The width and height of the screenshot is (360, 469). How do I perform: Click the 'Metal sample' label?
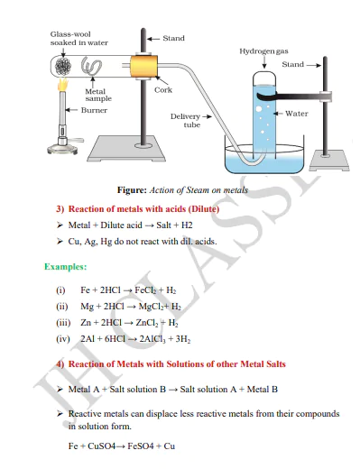[98, 95]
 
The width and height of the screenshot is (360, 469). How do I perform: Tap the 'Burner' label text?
[95, 110]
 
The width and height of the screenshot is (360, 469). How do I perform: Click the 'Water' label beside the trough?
[297, 114]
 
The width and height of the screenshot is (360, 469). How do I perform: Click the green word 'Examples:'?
[66, 267]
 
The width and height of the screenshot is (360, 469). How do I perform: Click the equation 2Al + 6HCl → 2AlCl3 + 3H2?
[125, 338]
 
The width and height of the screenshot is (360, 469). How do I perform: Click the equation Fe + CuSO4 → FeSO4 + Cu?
[122, 446]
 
